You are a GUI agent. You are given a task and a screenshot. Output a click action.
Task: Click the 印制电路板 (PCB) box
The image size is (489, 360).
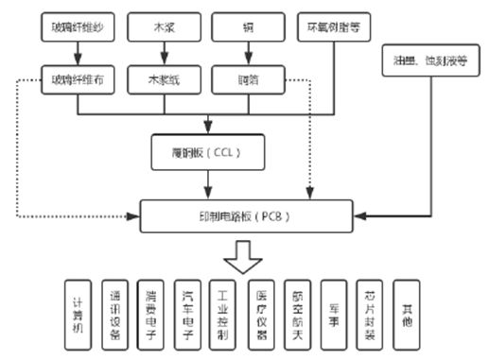248,215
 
